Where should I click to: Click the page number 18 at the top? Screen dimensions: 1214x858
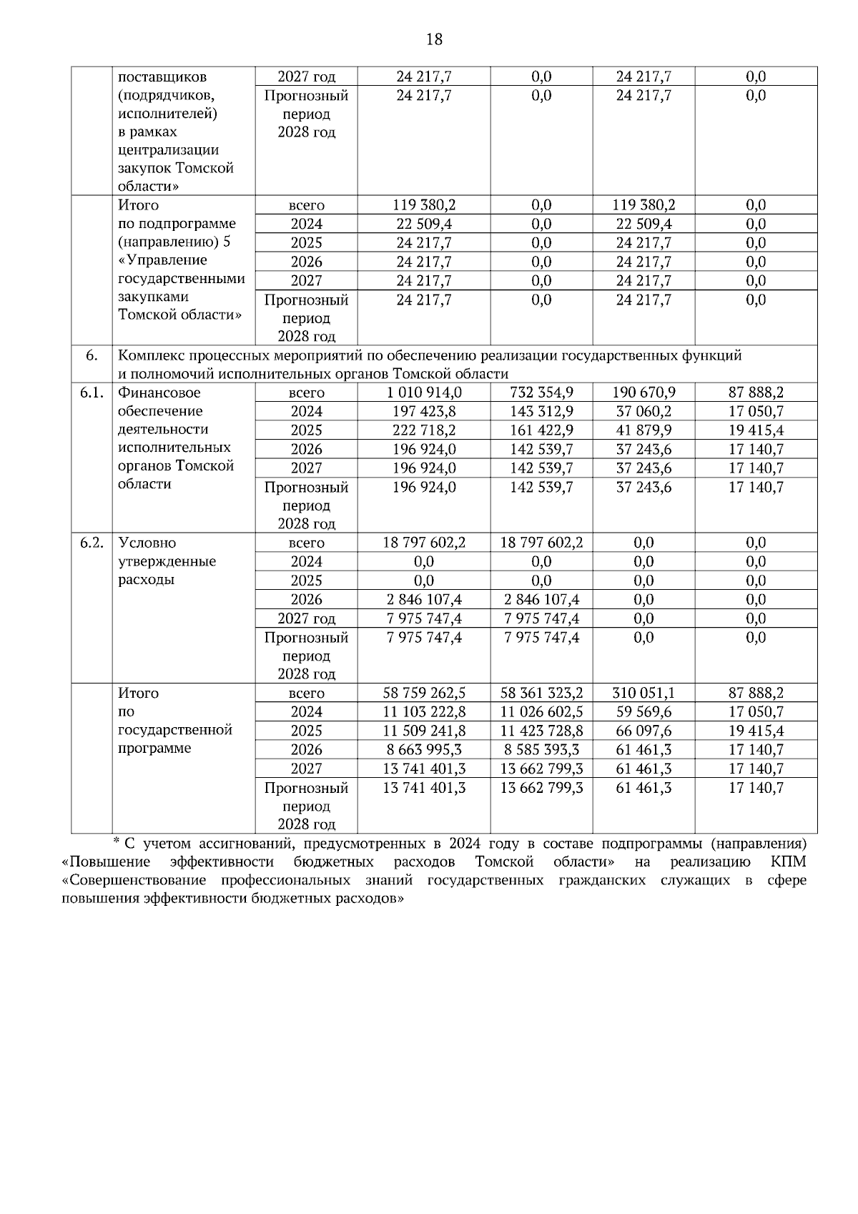pyautogui.click(x=434, y=39)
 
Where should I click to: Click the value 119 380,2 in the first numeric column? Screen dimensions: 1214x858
pyautogui.click(x=424, y=205)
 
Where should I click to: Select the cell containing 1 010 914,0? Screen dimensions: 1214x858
pyautogui.click(x=424, y=393)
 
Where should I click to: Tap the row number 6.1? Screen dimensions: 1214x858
pyautogui.click(x=92, y=393)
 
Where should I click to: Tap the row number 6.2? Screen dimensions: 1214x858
pyautogui.click(x=92, y=543)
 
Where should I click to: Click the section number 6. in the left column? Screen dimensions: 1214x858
pyautogui.click(x=92, y=355)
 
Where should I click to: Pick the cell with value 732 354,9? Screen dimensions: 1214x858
pyautogui.click(x=541, y=393)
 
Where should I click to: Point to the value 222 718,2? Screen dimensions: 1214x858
pyautogui.click(x=424, y=430)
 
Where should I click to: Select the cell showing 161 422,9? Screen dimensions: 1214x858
pyautogui.click(x=541, y=430)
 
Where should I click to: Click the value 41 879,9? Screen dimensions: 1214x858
pyautogui.click(x=643, y=430)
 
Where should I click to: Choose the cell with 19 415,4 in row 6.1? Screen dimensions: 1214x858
pyautogui.click(x=756, y=430)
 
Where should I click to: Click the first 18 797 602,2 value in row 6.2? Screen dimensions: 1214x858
pyautogui.click(x=424, y=543)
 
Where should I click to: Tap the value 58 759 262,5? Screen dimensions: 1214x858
pyautogui.click(x=424, y=693)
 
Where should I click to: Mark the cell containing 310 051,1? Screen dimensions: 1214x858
pyautogui.click(x=643, y=693)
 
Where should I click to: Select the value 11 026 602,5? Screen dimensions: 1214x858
pyautogui.click(x=541, y=712)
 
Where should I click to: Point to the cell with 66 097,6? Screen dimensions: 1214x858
pyautogui.click(x=643, y=731)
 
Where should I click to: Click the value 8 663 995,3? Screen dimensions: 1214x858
pyautogui.click(x=424, y=749)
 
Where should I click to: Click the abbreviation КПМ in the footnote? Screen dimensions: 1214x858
pyautogui.click(x=789, y=861)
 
